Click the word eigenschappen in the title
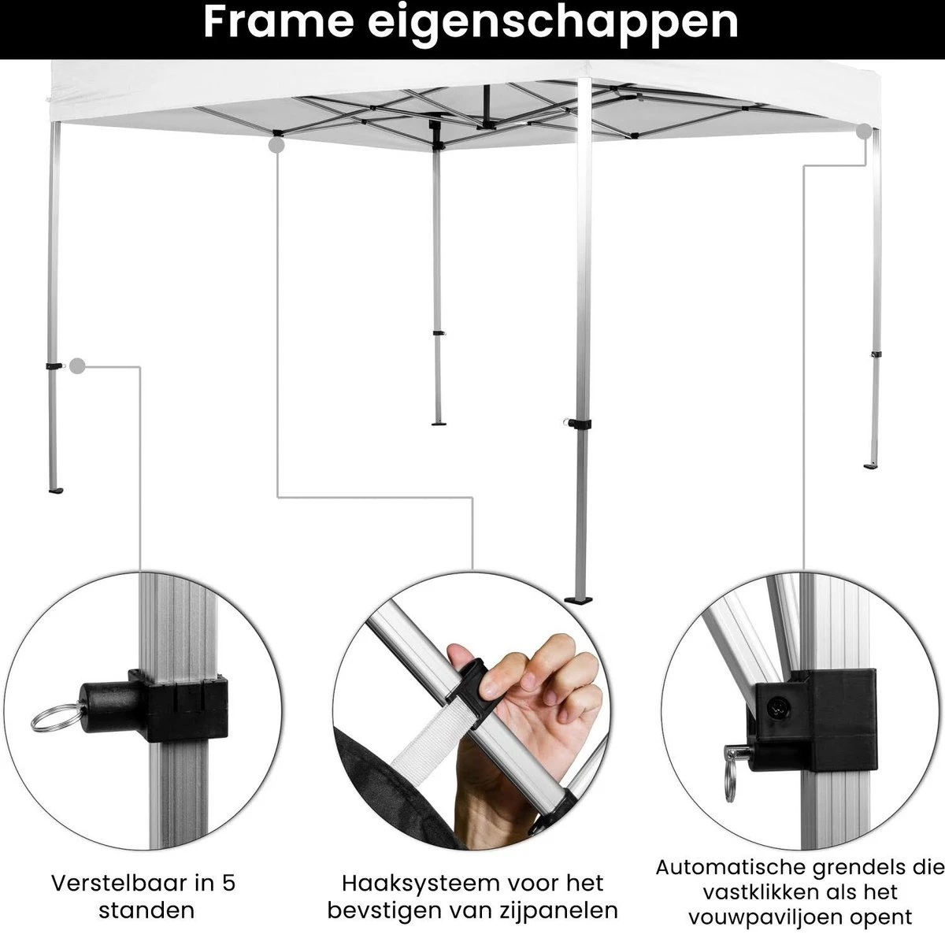coord(553,25)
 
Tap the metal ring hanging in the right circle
coord(730,783)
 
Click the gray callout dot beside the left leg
coord(77,365)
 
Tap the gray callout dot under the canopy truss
coord(277,145)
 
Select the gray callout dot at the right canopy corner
coord(865,132)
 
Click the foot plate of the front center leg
coord(579,599)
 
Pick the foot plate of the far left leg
coord(55,490)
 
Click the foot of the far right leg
coord(872,466)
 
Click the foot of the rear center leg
coord(439,422)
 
